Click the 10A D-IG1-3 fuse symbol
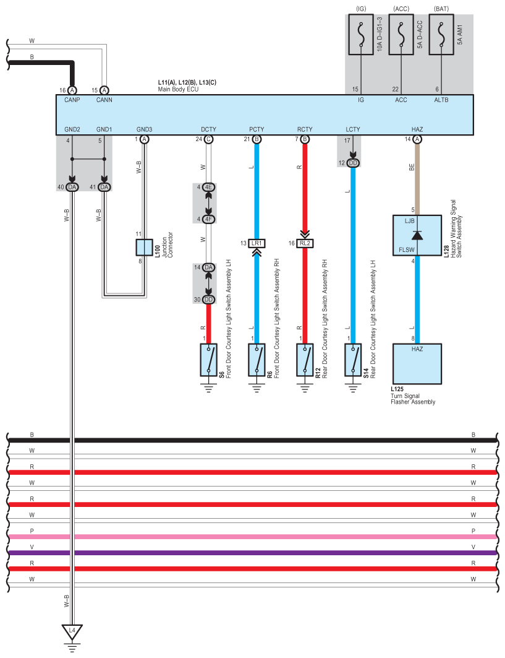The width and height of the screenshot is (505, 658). click(361, 35)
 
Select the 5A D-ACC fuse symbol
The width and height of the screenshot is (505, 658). click(401, 35)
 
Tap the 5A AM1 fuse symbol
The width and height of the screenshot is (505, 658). click(441, 35)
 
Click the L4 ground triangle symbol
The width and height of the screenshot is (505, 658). click(72, 632)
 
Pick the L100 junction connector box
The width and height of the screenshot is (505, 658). click(144, 248)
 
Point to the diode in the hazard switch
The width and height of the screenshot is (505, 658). click(417, 235)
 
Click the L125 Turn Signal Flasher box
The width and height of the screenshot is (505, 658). click(417, 364)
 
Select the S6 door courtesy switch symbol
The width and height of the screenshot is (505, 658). click(208, 360)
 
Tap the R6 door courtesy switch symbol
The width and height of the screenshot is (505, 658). click(257, 360)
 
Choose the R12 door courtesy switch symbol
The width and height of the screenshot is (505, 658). click(305, 360)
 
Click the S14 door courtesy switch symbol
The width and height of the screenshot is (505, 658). click(353, 360)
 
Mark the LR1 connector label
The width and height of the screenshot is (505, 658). click(257, 243)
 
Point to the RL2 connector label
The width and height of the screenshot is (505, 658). click(305, 243)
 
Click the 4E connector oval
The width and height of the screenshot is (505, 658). click(208, 187)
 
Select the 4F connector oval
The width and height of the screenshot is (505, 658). click(208, 219)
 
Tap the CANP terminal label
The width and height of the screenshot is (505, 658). click(72, 100)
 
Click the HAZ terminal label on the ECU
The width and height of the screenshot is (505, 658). click(417, 129)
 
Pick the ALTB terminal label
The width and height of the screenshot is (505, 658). click(441, 100)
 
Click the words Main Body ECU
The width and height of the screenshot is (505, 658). click(178, 89)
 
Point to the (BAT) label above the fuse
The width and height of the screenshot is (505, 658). click(441, 9)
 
